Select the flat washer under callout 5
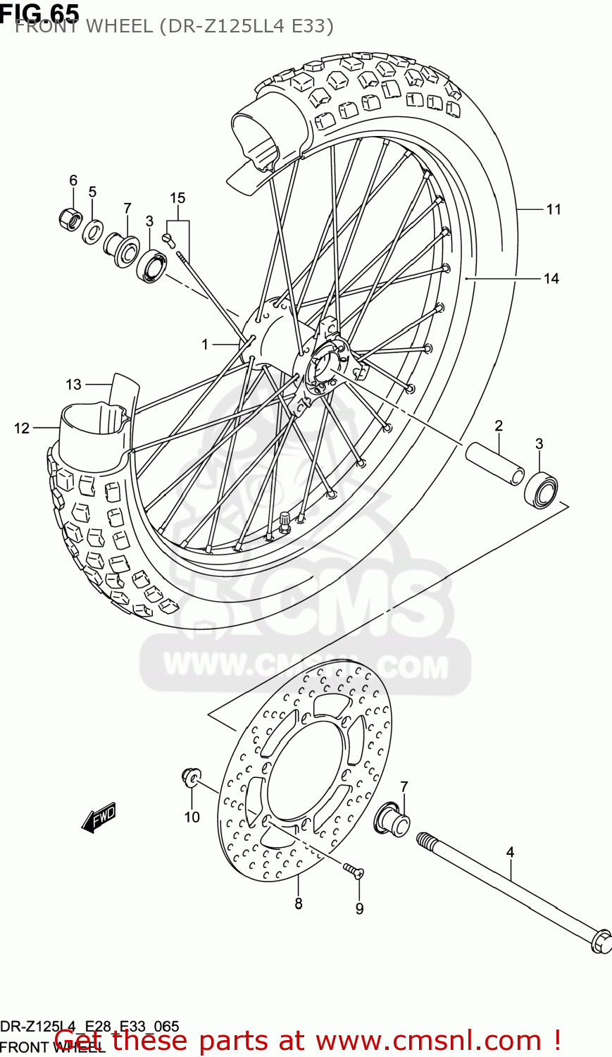pyautogui.click(x=92, y=232)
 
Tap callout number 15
pyautogui.click(x=177, y=198)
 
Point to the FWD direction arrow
pyautogui.click(x=98, y=818)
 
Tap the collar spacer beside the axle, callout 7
pyautogui.click(x=394, y=819)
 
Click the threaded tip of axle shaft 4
pyautogui.click(x=425, y=840)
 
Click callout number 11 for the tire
pyautogui.click(x=554, y=209)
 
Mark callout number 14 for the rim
pyautogui.click(x=551, y=279)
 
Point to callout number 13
pyautogui.click(x=74, y=385)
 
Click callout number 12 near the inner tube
pyautogui.click(x=22, y=428)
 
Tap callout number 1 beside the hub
pyautogui.click(x=205, y=345)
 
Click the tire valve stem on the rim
pyautogui.click(x=285, y=520)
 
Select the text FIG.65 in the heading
pyautogui.click(x=39, y=12)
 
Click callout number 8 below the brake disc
pyautogui.click(x=299, y=903)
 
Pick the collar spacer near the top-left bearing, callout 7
pyautogui.click(x=121, y=248)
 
